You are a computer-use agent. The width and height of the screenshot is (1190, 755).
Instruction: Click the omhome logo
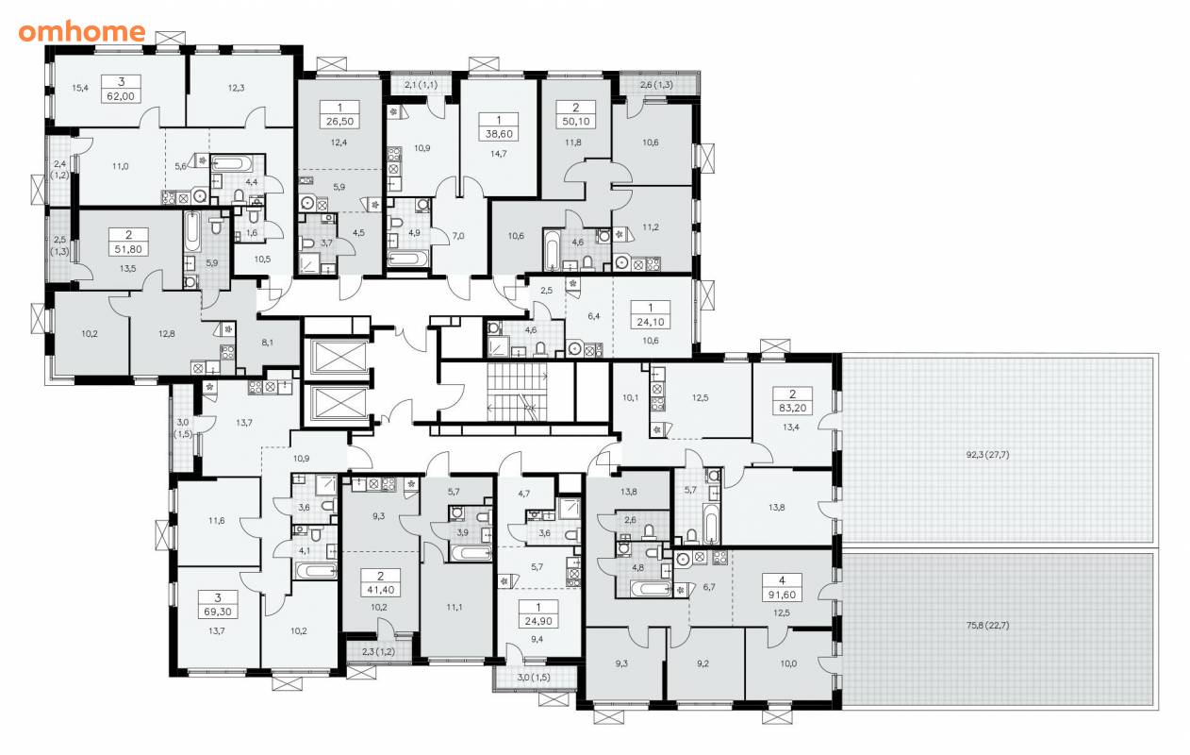(82, 32)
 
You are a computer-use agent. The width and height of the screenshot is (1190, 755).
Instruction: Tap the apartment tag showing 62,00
(121, 89)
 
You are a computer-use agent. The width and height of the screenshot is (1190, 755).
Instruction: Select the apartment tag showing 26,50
(340, 114)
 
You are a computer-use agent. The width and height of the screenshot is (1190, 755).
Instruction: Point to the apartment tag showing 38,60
(499, 127)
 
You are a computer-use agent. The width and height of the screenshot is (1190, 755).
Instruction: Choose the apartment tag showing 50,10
(576, 114)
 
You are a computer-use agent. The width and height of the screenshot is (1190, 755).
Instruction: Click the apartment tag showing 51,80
(128, 242)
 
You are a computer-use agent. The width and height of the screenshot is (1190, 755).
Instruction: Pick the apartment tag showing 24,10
(651, 315)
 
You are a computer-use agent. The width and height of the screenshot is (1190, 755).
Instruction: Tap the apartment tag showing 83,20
(793, 401)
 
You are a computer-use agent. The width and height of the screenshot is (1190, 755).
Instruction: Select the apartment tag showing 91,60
(782, 588)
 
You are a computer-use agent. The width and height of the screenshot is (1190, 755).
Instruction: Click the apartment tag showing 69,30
(218, 605)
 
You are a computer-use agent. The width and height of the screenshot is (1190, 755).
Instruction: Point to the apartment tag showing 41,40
(380, 582)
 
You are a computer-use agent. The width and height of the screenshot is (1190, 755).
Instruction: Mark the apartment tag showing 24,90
(538, 614)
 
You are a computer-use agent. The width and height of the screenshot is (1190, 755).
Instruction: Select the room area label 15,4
(80, 89)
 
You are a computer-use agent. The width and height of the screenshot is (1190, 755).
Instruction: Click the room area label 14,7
(498, 154)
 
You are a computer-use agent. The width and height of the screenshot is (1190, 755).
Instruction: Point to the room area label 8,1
(267, 343)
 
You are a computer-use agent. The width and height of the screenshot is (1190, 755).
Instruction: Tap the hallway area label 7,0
(458, 236)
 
